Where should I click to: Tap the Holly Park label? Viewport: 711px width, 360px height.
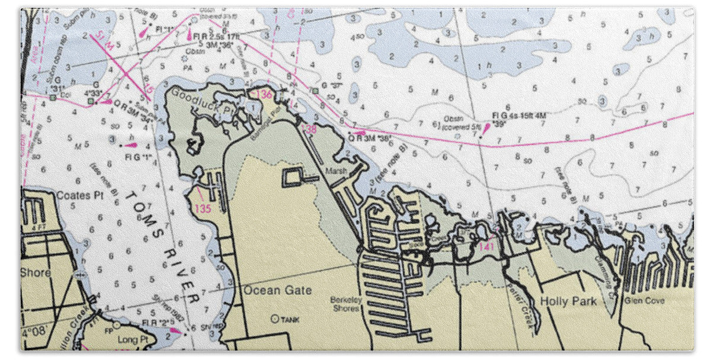(x=568, y=301)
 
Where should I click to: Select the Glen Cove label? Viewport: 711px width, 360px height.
(x=644, y=301)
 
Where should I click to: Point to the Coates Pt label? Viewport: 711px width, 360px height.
(x=80, y=195)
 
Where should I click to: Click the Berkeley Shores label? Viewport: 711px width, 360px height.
(x=347, y=304)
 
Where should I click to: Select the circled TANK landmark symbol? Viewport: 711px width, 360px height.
(x=274, y=319)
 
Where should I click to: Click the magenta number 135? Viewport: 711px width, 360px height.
(x=203, y=208)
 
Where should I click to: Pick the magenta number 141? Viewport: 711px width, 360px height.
(x=486, y=246)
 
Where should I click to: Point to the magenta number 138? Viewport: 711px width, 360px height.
(x=309, y=128)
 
